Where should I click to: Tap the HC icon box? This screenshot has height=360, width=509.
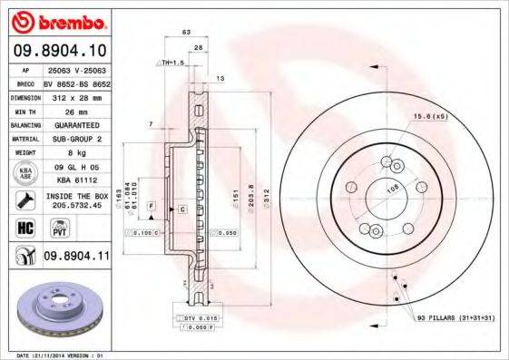click(x=24, y=228)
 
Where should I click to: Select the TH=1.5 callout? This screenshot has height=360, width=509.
click(x=172, y=63)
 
